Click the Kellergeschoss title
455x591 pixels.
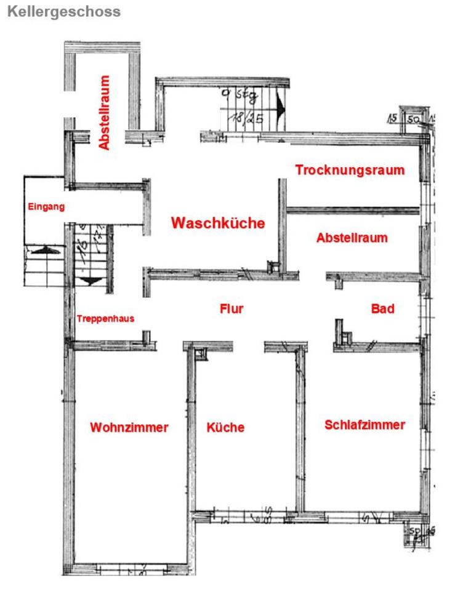63,12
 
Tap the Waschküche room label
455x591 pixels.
218,223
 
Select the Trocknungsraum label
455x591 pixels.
350,170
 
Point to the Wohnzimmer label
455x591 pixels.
129,427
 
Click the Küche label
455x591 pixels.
225,427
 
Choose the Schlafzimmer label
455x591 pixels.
364,424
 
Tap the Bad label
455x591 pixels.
382,308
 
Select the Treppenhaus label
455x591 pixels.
105,319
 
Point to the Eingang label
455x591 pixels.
44,207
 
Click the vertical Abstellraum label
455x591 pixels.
104,113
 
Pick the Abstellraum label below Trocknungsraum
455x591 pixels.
352,238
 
